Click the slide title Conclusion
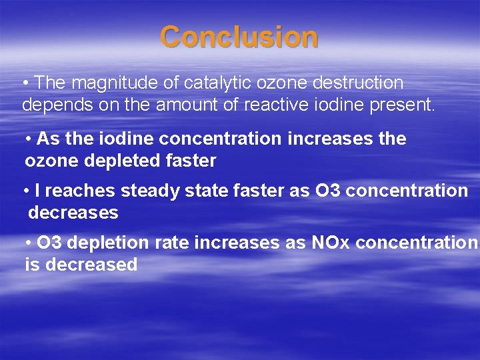239,37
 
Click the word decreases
73,213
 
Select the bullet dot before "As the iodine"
29,139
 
